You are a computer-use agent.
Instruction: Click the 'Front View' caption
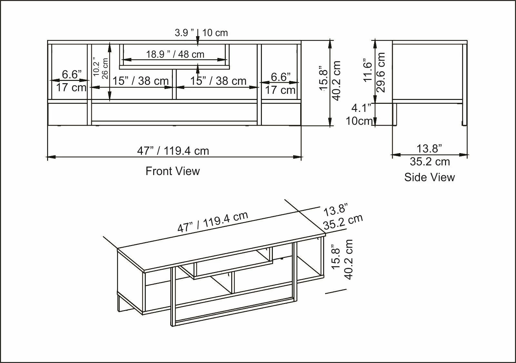pos(173,171)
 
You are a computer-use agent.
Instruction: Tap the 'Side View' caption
pos(430,177)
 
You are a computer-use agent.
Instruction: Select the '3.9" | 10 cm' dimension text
pos(201,33)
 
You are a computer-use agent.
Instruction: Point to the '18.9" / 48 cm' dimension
pos(175,54)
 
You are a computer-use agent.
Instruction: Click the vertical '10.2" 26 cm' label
pos(100,68)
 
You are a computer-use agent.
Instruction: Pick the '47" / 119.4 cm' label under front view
pos(173,151)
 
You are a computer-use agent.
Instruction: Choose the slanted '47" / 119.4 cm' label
pos(213,221)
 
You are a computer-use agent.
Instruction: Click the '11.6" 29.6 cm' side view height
pos(374,72)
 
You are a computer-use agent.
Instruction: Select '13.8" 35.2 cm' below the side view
pos(430,155)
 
